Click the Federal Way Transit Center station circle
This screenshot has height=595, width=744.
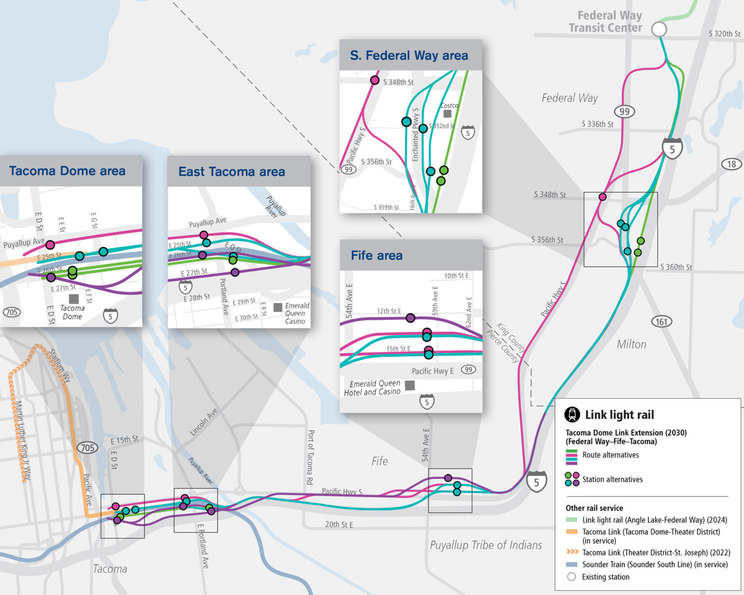point(659,29)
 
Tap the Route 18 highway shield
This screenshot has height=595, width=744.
point(731,164)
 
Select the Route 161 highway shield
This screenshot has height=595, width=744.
point(661,322)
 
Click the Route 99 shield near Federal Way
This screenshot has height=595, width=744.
point(624,112)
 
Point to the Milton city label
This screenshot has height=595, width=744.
point(631,344)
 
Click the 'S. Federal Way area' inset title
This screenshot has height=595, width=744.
point(409,55)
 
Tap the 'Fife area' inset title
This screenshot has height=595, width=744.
point(377,256)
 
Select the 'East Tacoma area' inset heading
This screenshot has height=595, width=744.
point(232,172)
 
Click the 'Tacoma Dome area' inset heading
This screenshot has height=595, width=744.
point(67,171)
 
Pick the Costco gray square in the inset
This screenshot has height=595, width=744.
point(447,114)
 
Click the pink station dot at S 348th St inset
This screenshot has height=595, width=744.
point(375,80)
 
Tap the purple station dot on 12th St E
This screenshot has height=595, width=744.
point(411,318)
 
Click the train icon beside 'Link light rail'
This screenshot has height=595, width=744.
point(572,415)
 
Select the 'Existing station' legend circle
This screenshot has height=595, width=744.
point(572,577)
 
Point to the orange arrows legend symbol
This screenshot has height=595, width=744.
point(572,552)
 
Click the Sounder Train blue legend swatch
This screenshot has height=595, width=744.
point(572,564)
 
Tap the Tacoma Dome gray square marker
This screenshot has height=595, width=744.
point(74,299)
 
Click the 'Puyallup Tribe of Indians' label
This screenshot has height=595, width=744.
point(486,545)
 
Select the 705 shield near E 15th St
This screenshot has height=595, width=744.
point(88,448)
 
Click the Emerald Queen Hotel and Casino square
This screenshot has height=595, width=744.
point(410,385)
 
